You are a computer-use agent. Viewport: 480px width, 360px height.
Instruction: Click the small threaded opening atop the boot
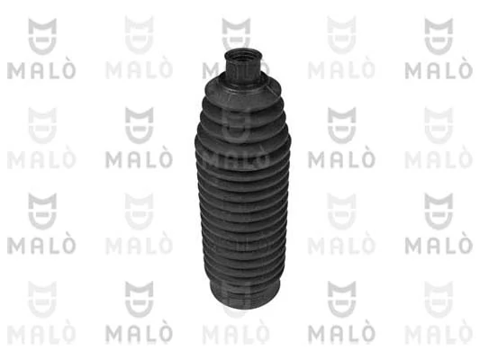pyautogui.click(x=243, y=56)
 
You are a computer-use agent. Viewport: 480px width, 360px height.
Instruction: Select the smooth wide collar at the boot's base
pyautogui.click(x=245, y=293)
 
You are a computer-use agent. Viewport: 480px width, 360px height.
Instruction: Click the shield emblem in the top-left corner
pyautogui.click(x=42, y=36)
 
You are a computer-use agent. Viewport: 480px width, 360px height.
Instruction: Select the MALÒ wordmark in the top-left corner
pyautogui.click(x=41, y=70)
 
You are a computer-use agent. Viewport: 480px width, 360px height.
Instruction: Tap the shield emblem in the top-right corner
pyautogui.click(x=439, y=36)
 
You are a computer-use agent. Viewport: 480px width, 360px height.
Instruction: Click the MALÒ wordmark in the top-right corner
pyautogui.click(x=439, y=70)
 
